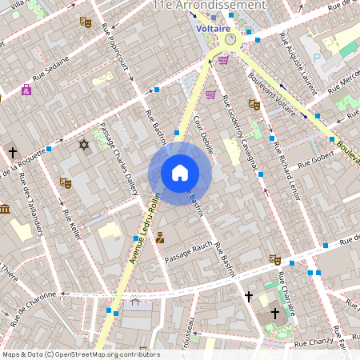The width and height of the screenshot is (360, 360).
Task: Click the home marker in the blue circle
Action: pyautogui.click(x=179, y=173)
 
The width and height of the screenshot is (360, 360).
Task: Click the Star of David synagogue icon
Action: pyautogui.click(x=83, y=145)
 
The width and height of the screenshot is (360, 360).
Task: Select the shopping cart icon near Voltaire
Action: pyautogui.click(x=223, y=59)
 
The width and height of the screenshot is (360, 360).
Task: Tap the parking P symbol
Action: pyautogui.click(x=316, y=58)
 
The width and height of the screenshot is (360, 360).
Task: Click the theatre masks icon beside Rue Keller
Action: pyautogui.click(x=66, y=183)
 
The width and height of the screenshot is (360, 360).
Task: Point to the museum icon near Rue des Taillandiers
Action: pyautogui.click(x=5, y=210)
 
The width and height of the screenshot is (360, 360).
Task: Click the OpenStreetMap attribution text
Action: pyautogui.click(x=81, y=354)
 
